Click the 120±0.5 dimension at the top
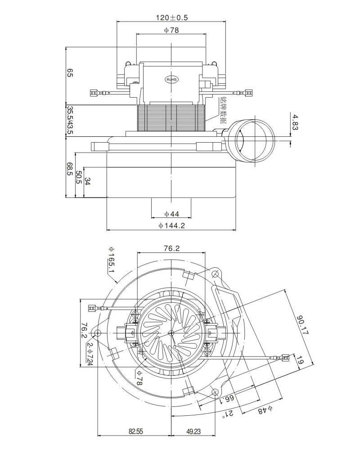pyautogui.click(x=172, y=18)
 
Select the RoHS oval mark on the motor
pyautogui.click(x=172, y=79)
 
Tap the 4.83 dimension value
pyautogui.click(x=296, y=122)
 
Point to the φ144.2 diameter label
pyautogui.click(x=172, y=226)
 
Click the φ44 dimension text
pyautogui.click(x=172, y=214)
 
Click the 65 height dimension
pyautogui.click(x=70, y=73)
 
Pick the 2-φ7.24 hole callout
pyautogui.click(x=90, y=353)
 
